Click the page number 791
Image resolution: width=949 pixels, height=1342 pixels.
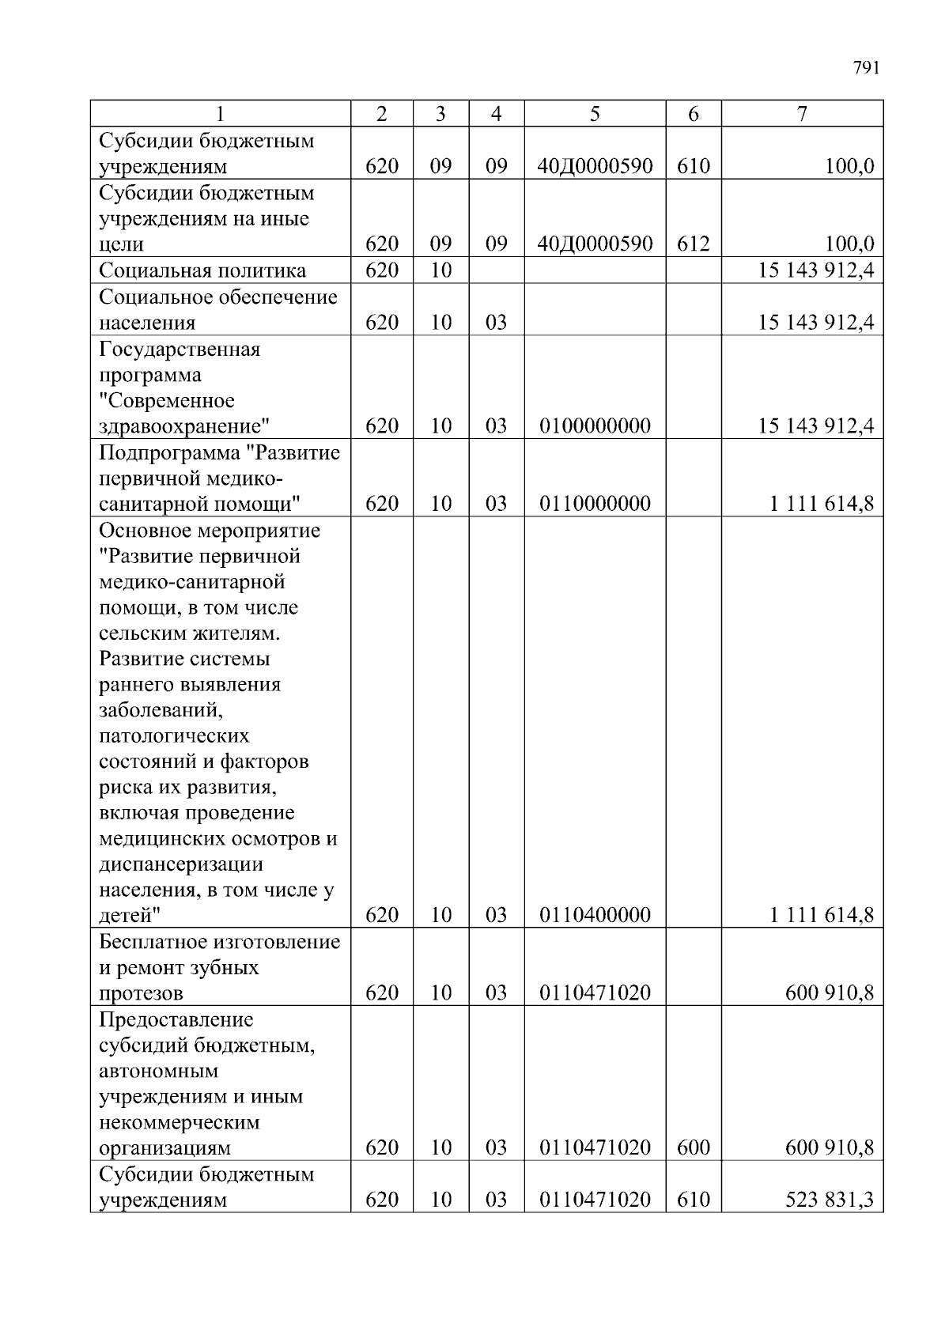pyautogui.click(x=866, y=68)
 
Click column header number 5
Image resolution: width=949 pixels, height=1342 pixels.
pyautogui.click(x=595, y=114)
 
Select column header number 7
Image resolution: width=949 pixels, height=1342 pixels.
pyautogui.click(x=802, y=114)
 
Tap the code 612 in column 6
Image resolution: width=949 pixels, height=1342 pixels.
pyautogui.click(x=693, y=244)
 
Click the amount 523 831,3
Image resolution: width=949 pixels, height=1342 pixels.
pyautogui.click(x=829, y=1200)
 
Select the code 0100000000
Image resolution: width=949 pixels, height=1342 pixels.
pyautogui.click(x=595, y=427)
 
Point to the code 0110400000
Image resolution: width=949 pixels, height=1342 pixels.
pyautogui.click(x=595, y=916)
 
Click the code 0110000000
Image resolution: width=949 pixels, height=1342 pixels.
pyautogui.click(x=595, y=505)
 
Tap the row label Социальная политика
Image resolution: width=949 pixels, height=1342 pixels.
pyautogui.click(x=202, y=270)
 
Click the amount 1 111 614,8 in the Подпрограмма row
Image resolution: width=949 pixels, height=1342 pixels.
pyautogui.click(x=822, y=505)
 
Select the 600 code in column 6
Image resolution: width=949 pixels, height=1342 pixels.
pyautogui.click(x=693, y=1148)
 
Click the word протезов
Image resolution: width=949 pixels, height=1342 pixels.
pyautogui.click(x=141, y=993)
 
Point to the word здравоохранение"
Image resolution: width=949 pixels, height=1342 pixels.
pyautogui.click(x=184, y=427)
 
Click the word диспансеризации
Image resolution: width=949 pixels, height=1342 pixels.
pyautogui.click(x=181, y=864)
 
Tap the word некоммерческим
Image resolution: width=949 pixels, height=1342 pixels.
pyautogui.click(x=180, y=1123)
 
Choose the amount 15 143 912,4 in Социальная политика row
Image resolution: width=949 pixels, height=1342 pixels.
pyautogui.click(x=815, y=270)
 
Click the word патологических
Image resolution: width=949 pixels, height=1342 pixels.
pyautogui.click(x=174, y=736)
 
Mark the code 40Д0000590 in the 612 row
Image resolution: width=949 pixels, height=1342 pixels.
pyautogui.click(x=595, y=244)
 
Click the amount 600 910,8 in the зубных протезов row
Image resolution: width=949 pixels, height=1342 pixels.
pyautogui.click(x=829, y=993)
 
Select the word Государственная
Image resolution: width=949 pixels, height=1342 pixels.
pyautogui.click(x=180, y=350)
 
